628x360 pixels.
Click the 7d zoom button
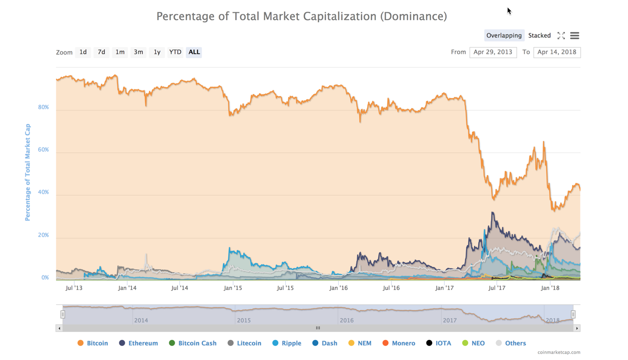[x=101, y=52]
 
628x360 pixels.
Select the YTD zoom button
[x=175, y=52]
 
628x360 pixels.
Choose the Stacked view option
[x=539, y=35]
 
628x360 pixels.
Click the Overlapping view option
[x=504, y=35]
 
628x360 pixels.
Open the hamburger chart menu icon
[x=575, y=35]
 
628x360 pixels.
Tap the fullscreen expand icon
[x=561, y=35]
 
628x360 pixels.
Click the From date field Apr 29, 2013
[x=493, y=52]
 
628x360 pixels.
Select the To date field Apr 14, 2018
[x=557, y=52]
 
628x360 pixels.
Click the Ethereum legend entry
[x=138, y=343]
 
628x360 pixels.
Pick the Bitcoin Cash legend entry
[x=193, y=343]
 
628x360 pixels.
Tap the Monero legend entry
[x=399, y=343]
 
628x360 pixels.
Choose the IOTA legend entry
[x=439, y=343]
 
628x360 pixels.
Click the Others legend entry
[x=511, y=343]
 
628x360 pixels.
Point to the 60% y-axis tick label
[x=43, y=150]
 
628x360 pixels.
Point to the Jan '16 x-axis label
[x=339, y=287]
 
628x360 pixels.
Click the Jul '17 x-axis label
[x=497, y=287]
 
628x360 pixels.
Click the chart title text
[x=302, y=16]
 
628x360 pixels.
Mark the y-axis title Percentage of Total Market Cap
[x=27, y=172]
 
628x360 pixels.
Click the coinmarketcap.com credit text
[x=559, y=352]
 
